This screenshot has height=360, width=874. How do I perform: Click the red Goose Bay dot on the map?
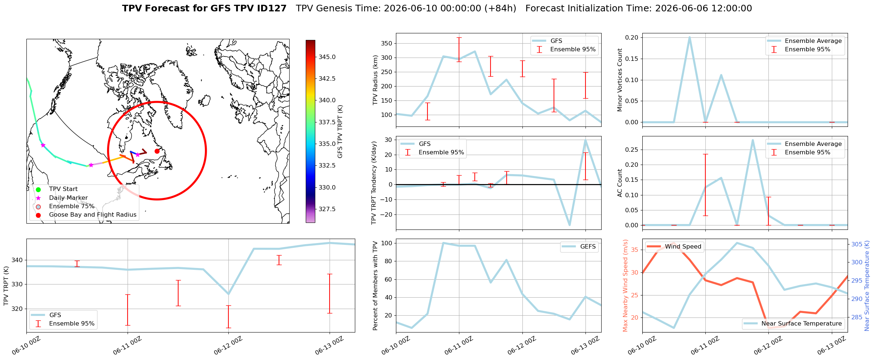[x=157, y=151]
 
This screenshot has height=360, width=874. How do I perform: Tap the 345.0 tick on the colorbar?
[x=316, y=57]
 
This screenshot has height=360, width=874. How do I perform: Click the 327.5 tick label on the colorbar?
[x=327, y=209]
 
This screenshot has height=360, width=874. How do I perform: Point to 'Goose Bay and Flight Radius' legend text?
[x=93, y=215]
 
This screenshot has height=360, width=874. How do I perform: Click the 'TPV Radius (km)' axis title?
[x=375, y=80]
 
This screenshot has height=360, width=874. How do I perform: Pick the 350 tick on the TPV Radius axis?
[x=387, y=43]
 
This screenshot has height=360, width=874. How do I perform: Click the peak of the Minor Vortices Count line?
[x=690, y=37]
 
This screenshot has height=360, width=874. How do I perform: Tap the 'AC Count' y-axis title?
[x=620, y=183]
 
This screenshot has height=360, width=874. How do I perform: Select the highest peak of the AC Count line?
[x=753, y=140]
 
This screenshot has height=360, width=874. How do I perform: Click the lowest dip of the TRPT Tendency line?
[x=569, y=225]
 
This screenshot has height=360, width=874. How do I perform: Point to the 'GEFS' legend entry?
[x=579, y=247]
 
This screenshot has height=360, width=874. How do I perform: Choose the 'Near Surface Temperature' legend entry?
[x=793, y=323]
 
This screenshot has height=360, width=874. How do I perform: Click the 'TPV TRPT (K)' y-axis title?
[x=6, y=286]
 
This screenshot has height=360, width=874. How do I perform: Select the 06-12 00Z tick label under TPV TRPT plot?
[x=228, y=345]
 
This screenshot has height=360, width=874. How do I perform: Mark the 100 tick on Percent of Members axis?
[x=387, y=243]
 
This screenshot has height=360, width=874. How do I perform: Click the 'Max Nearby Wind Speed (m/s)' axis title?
[x=625, y=286]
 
